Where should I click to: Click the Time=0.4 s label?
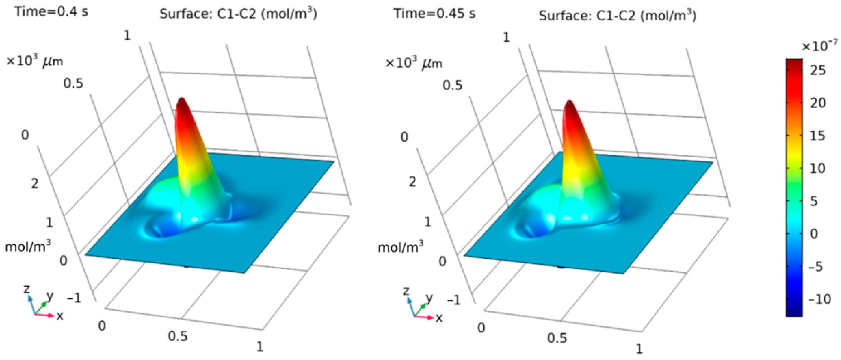(51, 12)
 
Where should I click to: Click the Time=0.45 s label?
(434, 14)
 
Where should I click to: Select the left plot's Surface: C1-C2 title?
(238, 14)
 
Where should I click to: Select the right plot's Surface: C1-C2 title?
(617, 16)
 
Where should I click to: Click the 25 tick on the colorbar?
(818, 70)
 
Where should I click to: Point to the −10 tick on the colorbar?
(820, 299)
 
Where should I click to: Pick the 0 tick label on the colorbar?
(814, 234)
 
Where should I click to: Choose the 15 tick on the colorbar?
(818, 136)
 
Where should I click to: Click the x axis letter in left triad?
(60, 316)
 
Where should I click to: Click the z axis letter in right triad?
(406, 290)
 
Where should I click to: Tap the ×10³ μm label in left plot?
(35, 61)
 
